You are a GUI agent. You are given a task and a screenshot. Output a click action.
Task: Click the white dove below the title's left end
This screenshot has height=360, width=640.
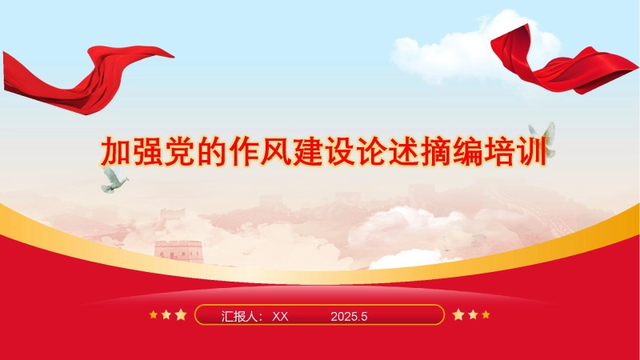point(114,179)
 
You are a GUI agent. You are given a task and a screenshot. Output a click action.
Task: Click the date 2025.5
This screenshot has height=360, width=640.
point(349,316)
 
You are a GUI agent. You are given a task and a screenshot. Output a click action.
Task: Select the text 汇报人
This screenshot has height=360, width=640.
point(238,316)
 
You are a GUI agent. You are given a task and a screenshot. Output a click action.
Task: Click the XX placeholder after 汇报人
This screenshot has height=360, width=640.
point(280,316)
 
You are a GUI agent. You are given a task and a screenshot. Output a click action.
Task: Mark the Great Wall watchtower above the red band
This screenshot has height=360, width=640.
point(178,251)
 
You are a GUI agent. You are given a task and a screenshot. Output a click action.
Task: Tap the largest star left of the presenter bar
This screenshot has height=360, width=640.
point(181,314)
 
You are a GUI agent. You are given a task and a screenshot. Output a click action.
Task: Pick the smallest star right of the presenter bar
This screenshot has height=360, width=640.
point(486,314)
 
